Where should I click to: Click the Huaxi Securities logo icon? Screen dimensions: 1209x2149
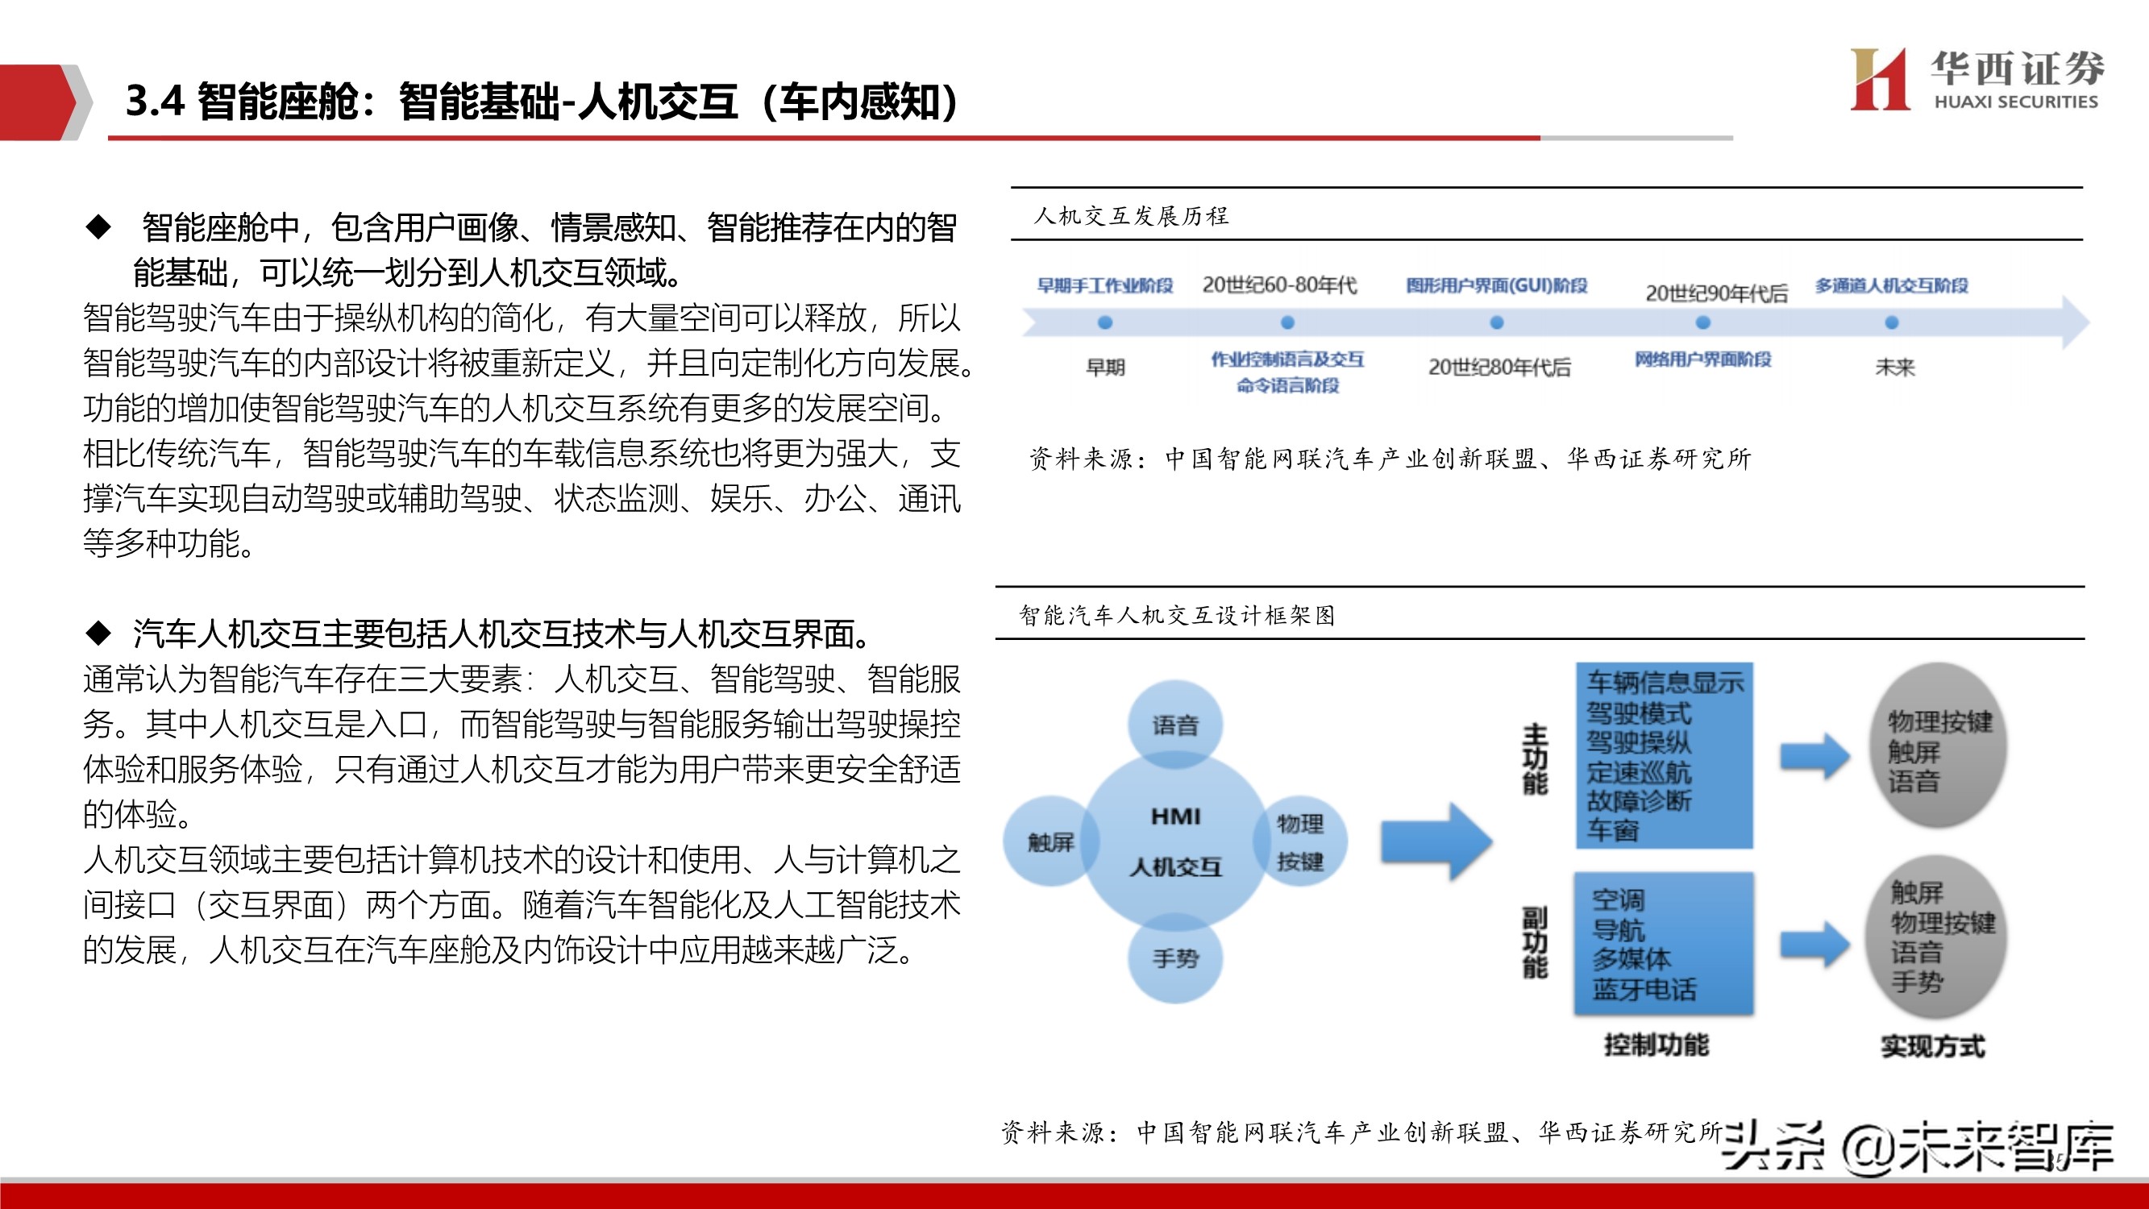(1879, 79)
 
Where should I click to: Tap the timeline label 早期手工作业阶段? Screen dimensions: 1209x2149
(1104, 285)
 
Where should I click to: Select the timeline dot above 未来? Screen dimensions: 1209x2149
(1891, 322)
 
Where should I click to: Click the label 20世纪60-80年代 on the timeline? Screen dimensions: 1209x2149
(1279, 285)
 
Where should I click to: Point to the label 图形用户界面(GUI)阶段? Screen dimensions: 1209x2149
(1497, 285)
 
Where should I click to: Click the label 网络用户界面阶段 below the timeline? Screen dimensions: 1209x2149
(1702, 359)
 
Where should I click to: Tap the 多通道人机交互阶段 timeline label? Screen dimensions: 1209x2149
(1891, 285)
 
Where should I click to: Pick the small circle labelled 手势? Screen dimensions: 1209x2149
(1174, 958)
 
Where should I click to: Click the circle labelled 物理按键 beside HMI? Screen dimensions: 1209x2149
(1300, 842)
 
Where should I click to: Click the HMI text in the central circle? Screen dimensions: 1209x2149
(1175, 816)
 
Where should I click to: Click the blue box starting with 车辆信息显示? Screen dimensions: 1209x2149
(1664, 755)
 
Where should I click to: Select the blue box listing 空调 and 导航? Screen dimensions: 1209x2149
(1664, 943)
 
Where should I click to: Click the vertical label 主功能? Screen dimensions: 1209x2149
(1534, 758)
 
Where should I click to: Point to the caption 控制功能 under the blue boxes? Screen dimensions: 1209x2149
(1656, 1045)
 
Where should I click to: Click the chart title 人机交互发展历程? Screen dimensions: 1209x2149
(1130, 216)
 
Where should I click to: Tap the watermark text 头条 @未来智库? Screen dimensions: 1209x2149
(1918, 1147)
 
